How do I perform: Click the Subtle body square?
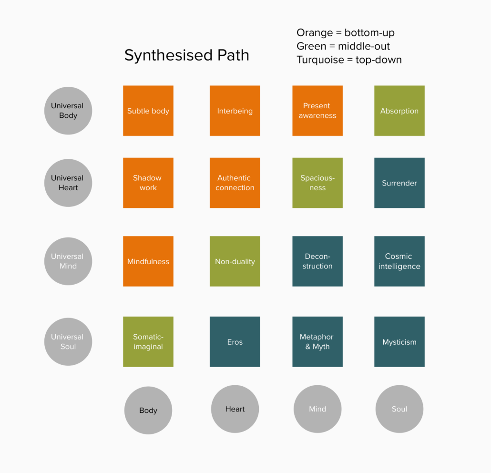tap(148, 111)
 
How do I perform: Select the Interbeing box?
tap(235, 111)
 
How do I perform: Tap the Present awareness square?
tap(317, 111)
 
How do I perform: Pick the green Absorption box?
tap(399, 111)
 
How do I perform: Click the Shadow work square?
tap(148, 183)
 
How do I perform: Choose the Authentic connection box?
tap(235, 183)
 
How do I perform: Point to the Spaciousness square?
tap(317, 183)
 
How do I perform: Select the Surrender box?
tap(399, 183)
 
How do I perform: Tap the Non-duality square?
tap(235, 261)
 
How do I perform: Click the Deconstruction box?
tap(317, 261)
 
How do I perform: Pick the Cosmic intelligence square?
tap(399, 261)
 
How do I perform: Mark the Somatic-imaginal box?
tap(148, 341)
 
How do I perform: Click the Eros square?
tap(235, 341)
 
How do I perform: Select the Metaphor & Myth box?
tap(317, 341)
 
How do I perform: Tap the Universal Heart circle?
tap(68, 183)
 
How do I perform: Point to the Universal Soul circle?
tap(68, 341)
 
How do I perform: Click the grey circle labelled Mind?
tap(317, 409)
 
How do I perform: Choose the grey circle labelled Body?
tap(148, 410)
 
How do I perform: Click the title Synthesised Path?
tap(187, 55)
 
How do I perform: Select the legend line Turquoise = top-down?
tap(349, 60)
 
